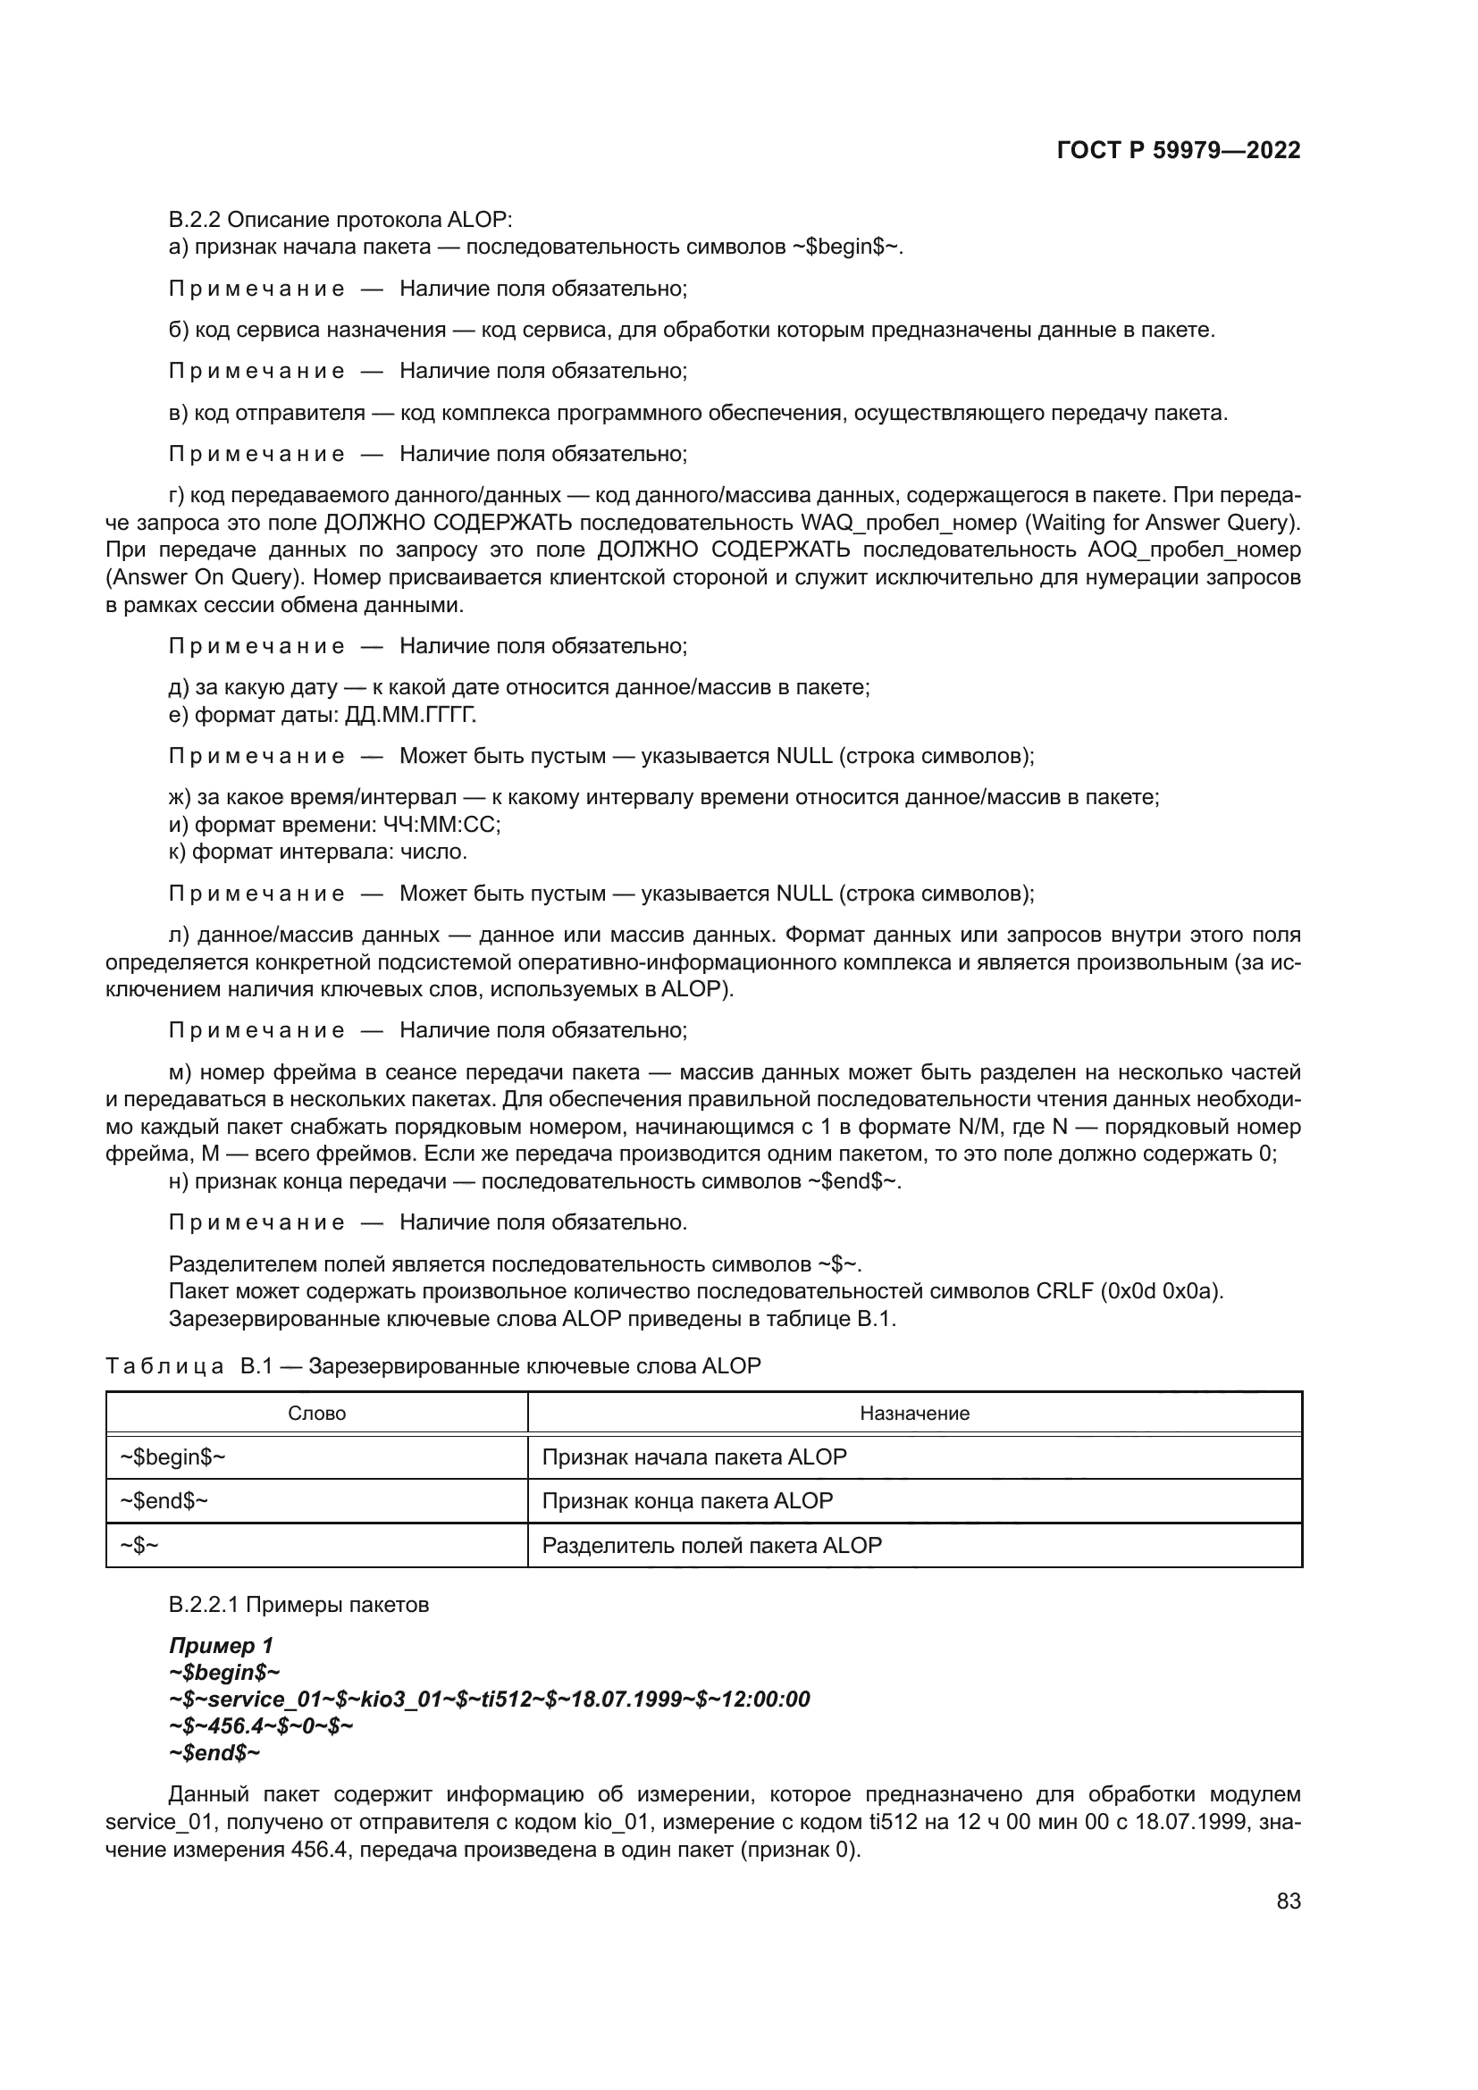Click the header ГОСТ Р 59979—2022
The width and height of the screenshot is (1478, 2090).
(x=1178, y=150)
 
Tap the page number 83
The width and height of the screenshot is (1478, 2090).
(x=1288, y=1901)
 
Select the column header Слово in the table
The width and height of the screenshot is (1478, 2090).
(x=316, y=1413)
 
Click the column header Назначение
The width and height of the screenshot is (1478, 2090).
(x=914, y=1413)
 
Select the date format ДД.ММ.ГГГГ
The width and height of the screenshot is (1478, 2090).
(x=410, y=715)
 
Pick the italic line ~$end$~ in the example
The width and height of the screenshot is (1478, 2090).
(x=214, y=1752)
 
